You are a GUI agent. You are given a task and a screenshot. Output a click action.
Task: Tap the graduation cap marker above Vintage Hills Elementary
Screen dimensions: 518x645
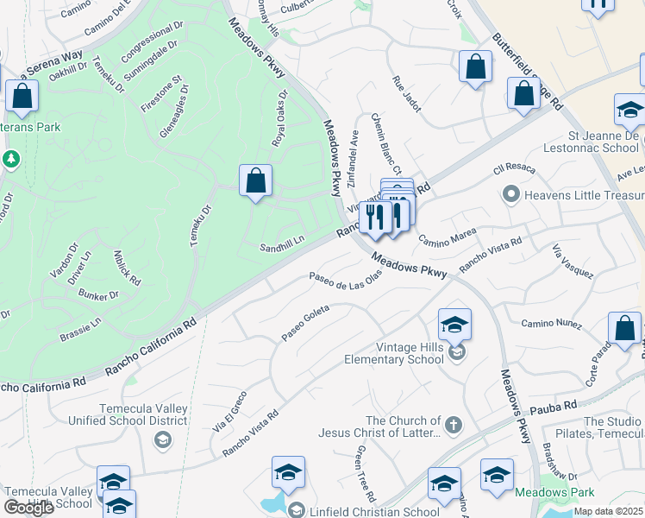454,324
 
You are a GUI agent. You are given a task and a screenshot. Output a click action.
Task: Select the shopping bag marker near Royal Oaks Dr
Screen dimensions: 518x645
255,180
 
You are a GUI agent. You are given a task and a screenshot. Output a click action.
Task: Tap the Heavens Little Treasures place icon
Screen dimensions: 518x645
510,194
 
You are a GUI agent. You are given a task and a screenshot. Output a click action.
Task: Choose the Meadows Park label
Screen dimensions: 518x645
554,492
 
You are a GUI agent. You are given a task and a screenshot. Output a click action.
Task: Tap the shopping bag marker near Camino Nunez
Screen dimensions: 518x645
624,328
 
